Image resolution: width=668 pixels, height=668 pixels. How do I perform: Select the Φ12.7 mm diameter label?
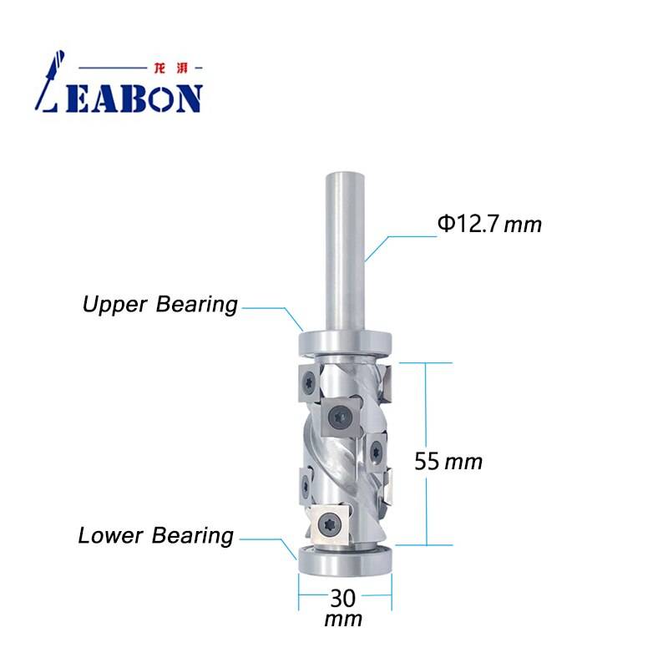pos(489,224)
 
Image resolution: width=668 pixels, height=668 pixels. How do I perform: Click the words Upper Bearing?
pos(159,305)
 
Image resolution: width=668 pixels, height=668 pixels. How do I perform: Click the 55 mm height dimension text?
pos(448,461)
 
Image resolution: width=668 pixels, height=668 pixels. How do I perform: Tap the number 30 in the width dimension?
pos(344,599)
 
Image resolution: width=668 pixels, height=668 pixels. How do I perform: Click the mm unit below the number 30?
pos(344,620)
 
